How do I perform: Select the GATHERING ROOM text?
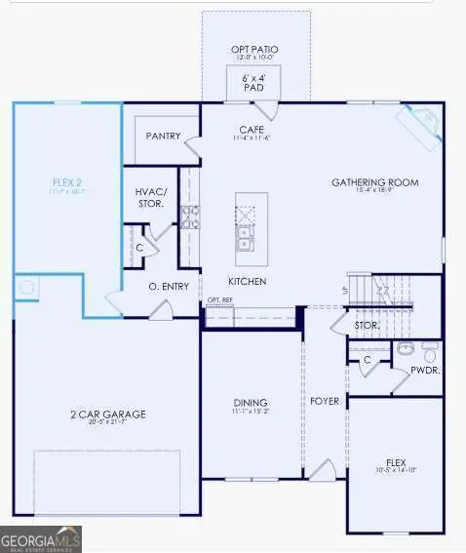pos(374,182)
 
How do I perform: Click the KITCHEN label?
pos(248,282)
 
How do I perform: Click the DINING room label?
pos(252,403)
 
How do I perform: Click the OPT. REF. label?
pos(219,300)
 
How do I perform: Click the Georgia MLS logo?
pos(41,537)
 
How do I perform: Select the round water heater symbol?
pos(27,289)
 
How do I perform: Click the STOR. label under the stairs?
pos(367,325)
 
